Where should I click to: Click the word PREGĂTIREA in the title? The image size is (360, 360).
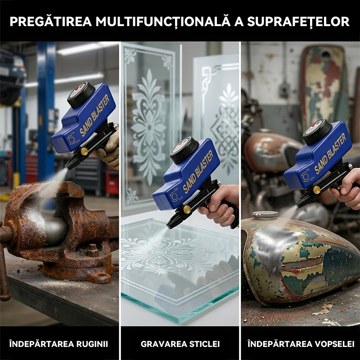[x=51, y=22]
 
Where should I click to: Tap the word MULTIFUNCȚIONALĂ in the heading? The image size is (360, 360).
[x=163, y=22]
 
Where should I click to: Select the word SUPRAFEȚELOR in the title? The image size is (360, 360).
[x=298, y=22]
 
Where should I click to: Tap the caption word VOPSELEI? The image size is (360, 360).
[x=334, y=344]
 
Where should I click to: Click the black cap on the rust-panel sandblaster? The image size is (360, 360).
[x=81, y=95]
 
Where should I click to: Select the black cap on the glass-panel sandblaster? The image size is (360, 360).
[x=184, y=150]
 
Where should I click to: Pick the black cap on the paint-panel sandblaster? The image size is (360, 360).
[x=317, y=132]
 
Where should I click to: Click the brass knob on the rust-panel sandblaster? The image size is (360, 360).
[x=84, y=151]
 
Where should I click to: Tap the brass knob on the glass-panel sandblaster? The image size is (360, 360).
[x=187, y=209]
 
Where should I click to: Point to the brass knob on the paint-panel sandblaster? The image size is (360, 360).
[x=317, y=190]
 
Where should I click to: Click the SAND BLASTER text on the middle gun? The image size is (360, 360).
[x=198, y=172]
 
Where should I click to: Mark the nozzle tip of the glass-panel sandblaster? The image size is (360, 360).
[x=170, y=227]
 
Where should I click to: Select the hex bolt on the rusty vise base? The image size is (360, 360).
[x=93, y=251]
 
